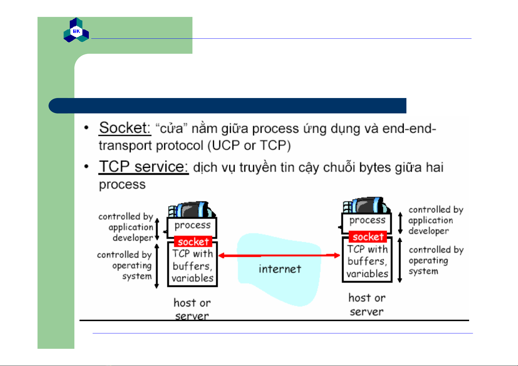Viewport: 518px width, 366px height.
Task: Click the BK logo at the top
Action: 76,30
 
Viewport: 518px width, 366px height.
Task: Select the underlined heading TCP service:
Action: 144,167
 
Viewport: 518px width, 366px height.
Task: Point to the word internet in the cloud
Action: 280,269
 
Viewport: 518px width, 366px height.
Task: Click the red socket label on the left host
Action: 193,242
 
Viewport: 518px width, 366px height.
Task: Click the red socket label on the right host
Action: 368,237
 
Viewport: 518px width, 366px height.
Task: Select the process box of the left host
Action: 192,227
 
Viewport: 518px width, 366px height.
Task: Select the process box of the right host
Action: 367,223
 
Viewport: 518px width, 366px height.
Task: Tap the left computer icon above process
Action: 192,209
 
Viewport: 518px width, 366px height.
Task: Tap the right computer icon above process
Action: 366,205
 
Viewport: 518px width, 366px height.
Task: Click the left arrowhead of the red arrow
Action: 221,255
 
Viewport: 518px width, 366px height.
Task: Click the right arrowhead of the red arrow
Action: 337,255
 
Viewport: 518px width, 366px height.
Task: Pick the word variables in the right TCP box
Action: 367,274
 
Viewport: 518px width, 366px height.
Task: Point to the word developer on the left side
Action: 133,238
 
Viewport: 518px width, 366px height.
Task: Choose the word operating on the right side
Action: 428,261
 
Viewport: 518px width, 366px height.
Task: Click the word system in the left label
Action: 137,276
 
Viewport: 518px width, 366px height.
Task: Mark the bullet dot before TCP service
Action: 86,166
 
